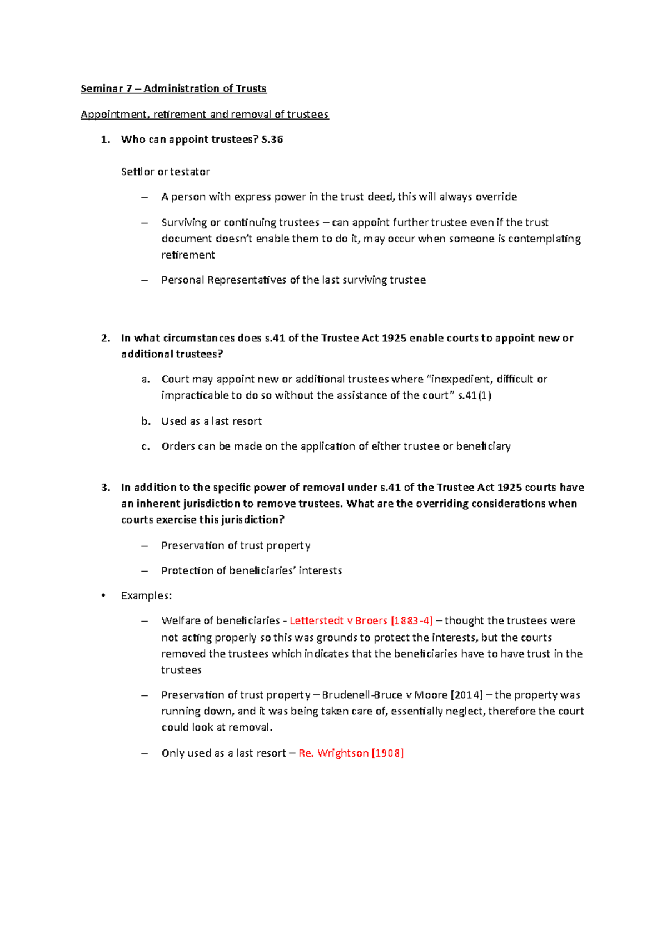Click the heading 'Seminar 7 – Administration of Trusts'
pos(173,88)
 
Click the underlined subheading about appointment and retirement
pos(205,115)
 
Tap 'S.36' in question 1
pos(272,140)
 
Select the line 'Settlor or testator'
pos(165,172)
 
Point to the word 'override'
pos(496,197)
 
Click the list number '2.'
pos(106,338)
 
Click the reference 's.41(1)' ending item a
pos(474,395)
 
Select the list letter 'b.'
pos(146,421)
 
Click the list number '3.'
pos(106,488)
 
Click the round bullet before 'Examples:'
pos(103,596)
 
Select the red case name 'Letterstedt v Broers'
pos(338,621)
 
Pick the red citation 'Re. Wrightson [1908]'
pos(351,753)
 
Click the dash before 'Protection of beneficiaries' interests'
pos(145,571)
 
